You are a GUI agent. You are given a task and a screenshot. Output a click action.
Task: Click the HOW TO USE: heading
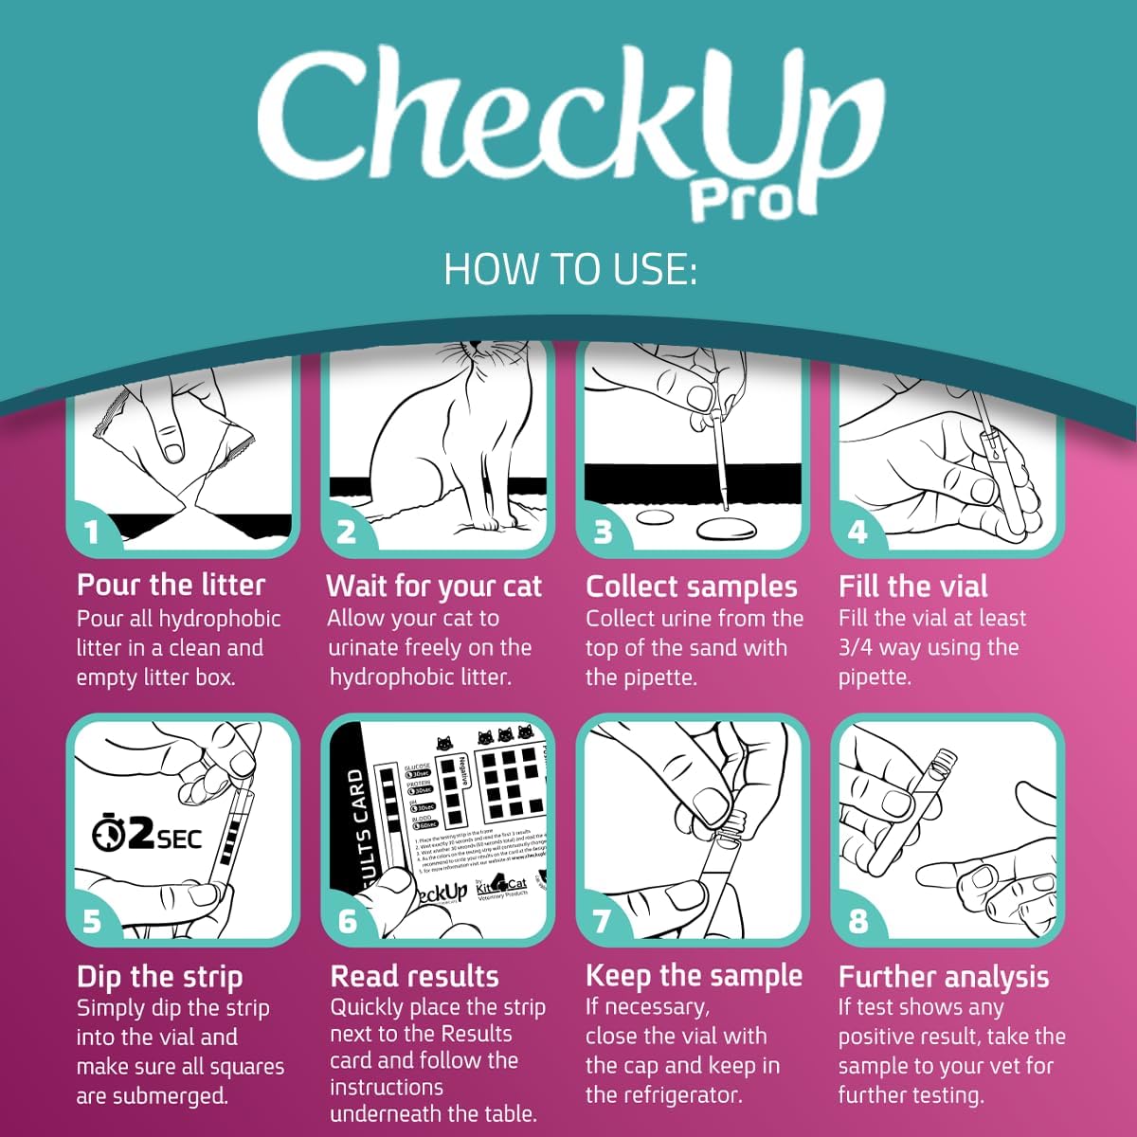(x=569, y=270)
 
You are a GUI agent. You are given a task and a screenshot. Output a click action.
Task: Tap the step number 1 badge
(x=91, y=532)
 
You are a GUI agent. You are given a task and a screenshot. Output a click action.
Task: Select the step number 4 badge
(x=857, y=532)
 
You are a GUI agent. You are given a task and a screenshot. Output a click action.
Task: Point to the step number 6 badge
(x=347, y=921)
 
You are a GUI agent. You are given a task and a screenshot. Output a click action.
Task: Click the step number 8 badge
(x=857, y=921)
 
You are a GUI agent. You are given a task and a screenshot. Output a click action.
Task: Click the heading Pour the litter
(x=171, y=585)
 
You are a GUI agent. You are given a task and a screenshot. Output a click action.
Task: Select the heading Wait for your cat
(x=434, y=587)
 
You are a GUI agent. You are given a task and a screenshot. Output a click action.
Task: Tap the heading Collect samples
(x=692, y=587)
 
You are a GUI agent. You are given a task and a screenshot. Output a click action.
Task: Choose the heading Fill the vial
(x=912, y=586)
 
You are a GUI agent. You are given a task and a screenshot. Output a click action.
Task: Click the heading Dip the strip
(x=159, y=977)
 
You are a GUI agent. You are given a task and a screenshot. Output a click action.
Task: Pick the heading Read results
(x=414, y=977)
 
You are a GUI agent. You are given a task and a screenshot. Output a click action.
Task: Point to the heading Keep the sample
(x=694, y=976)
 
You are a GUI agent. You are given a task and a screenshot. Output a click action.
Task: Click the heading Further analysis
(x=944, y=977)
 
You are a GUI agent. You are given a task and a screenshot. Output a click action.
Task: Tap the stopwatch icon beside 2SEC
(x=110, y=834)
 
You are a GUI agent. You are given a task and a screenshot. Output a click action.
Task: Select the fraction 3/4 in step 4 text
(x=859, y=648)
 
